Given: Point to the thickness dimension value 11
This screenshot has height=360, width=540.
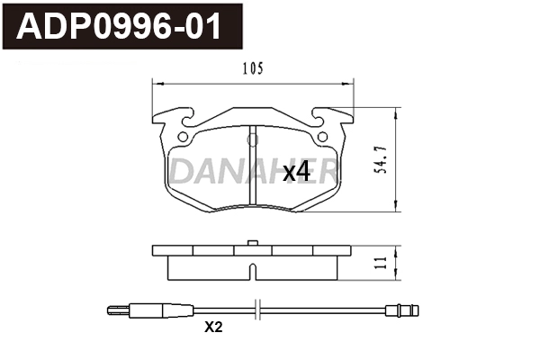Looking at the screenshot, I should click(x=382, y=262).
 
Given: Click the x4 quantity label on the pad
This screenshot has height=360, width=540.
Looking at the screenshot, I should click(x=296, y=171).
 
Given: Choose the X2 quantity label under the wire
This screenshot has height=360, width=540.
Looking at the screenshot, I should click(x=212, y=328).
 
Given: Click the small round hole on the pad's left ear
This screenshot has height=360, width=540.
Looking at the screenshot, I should click(x=184, y=138).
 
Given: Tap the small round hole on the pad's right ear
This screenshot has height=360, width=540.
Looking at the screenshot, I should click(x=320, y=138).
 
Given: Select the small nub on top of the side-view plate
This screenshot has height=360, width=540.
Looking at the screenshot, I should click(x=253, y=242).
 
